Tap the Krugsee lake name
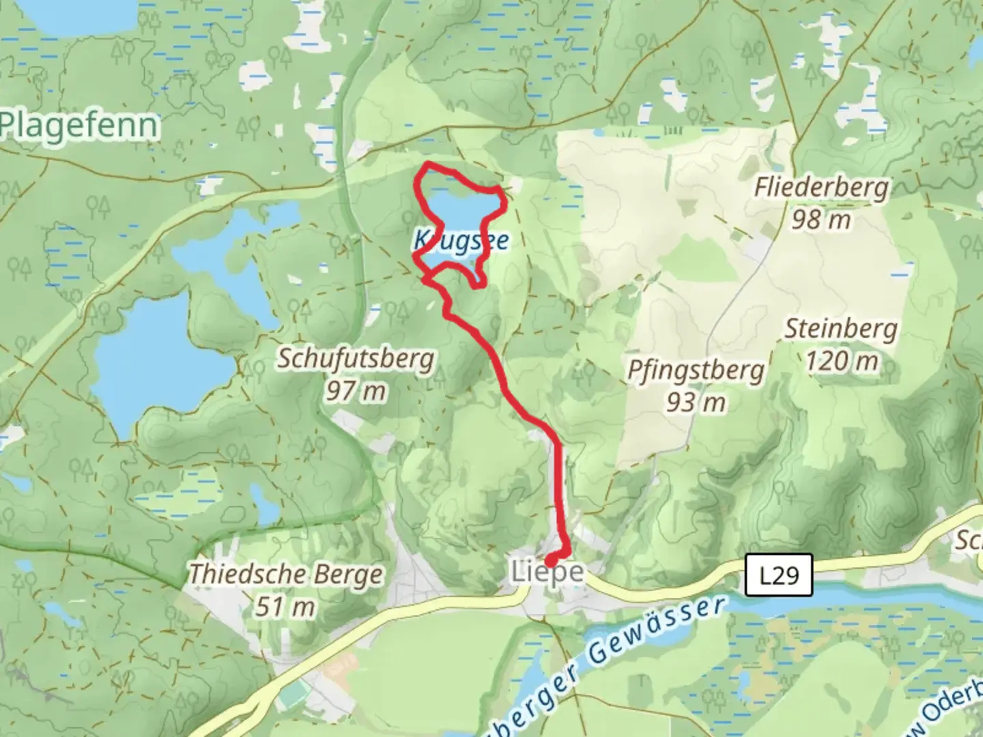point(461,240)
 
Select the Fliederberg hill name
point(821,188)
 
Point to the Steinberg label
point(840,329)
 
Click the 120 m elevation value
point(841,361)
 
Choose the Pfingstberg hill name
point(696,371)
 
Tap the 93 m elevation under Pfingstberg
point(696,403)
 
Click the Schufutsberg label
point(355,359)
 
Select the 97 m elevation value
point(355,391)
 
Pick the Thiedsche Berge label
point(285,574)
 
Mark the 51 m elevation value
point(285,606)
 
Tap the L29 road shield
point(778,575)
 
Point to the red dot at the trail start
point(550,562)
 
